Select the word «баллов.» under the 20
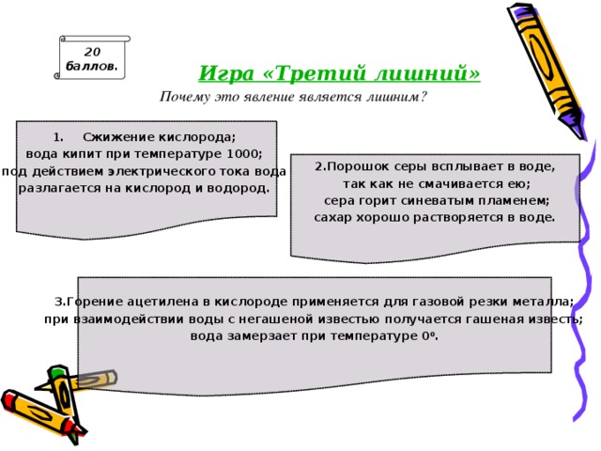(x=91, y=67)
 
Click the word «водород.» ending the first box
(x=240, y=187)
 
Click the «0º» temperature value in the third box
(x=432, y=335)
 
